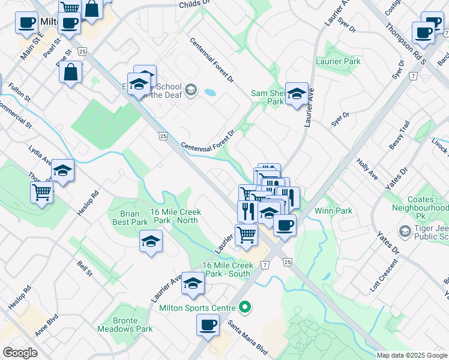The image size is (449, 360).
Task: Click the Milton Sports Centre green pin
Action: click(244, 308)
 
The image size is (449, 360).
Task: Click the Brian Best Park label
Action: click(126, 218)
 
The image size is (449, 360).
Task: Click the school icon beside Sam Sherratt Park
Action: click(297, 94)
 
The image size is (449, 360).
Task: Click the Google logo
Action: click(20, 353)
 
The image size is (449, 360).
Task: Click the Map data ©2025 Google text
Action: click(411, 355)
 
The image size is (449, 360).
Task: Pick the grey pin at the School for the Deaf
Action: click(191, 90)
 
